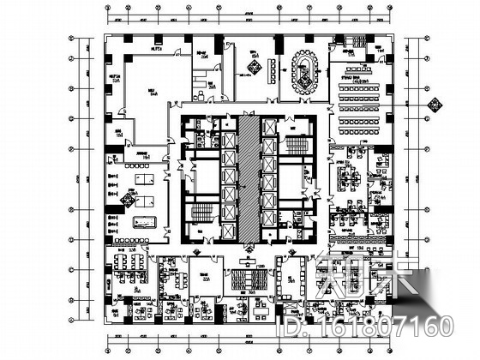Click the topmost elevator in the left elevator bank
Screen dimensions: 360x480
[x=228, y=126]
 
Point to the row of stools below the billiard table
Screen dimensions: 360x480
[x=115, y=227]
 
